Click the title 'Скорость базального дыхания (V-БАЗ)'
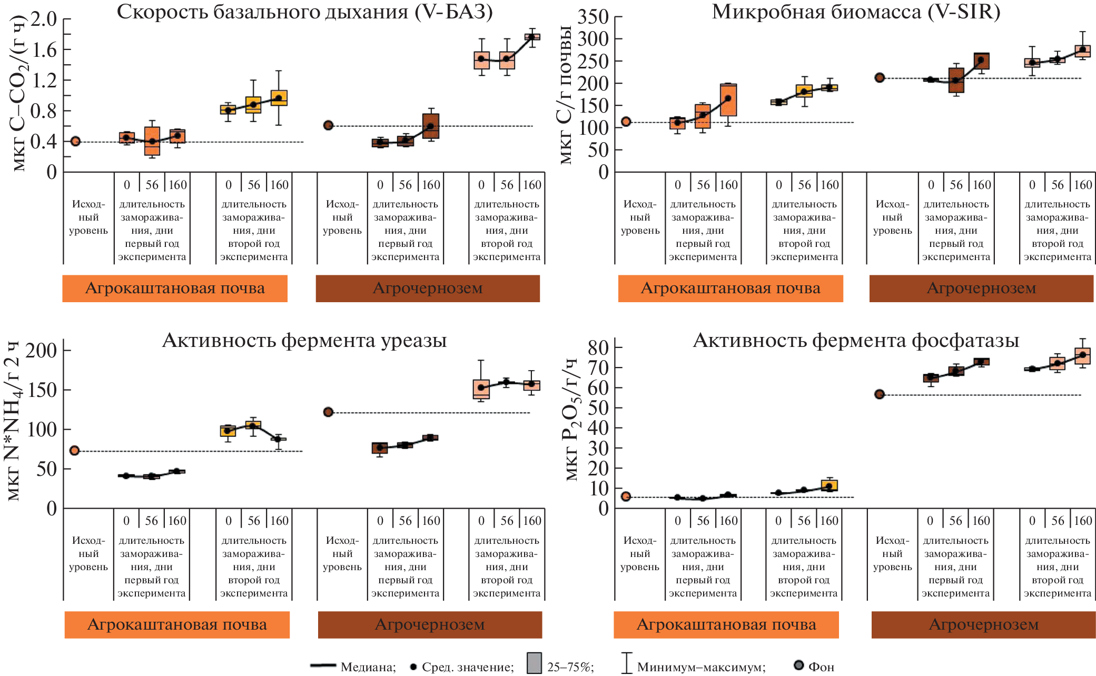click(304, 12)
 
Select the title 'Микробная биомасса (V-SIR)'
click(856, 12)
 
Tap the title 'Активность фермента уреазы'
click(304, 341)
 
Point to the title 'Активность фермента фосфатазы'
click(856, 341)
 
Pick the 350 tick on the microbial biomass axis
click(593, 17)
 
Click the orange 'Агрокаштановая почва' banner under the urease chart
click(177, 625)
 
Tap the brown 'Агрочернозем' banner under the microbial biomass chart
click(981, 289)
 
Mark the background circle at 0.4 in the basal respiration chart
click(75, 141)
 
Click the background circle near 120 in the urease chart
click(328, 412)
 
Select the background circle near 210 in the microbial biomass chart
click(880, 78)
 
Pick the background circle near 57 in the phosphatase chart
click(879, 394)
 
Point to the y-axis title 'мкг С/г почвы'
click(566, 95)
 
